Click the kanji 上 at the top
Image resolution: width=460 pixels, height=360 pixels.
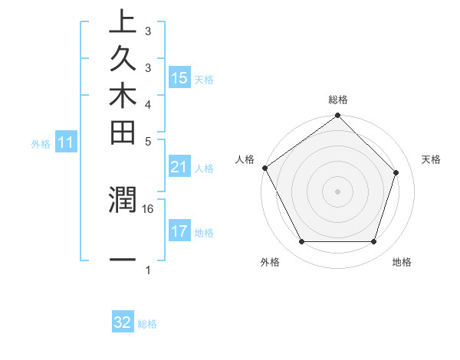click(123, 22)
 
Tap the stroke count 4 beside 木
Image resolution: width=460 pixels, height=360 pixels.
click(148, 104)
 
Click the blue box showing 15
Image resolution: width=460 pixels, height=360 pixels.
click(179, 78)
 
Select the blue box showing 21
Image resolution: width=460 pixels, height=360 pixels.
click(179, 167)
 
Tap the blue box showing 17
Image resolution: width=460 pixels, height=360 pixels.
click(179, 231)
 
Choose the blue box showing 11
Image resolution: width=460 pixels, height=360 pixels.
click(66, 142)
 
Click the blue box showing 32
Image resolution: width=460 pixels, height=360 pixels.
click(123, 322)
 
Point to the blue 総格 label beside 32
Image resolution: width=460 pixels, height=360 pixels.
click(147, 324)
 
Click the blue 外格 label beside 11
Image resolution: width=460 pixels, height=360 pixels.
click(41, 143)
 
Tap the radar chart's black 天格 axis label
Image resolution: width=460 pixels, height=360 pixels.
click(431, 159)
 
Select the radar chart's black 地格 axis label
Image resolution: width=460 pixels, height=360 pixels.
click(402, 262)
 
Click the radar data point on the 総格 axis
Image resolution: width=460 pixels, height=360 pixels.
click(337, 116)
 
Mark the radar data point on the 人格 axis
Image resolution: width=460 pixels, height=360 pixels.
click(265, 168)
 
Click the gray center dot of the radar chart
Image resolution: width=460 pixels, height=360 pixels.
click(337, 191)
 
